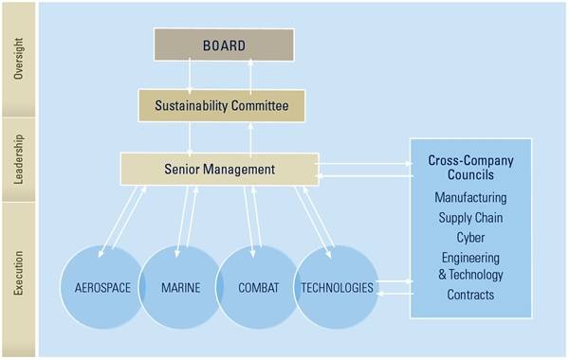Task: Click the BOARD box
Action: click(x=224, y=45)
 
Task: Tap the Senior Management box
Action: click(x=218, y=170)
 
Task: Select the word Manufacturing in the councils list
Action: click(x=470, y=198)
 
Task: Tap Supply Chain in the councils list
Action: click(x=470, y=217)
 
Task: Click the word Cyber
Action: click(x=470, y=237)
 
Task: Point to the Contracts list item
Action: click(x=470, y=295)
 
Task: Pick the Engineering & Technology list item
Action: click(x=470, y=266)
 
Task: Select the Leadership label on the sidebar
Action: click(x=20, y=157)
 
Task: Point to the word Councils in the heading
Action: click(x=470, y=176)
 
